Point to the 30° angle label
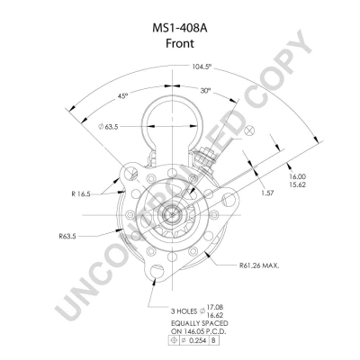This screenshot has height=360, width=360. [x=206, y=90]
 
